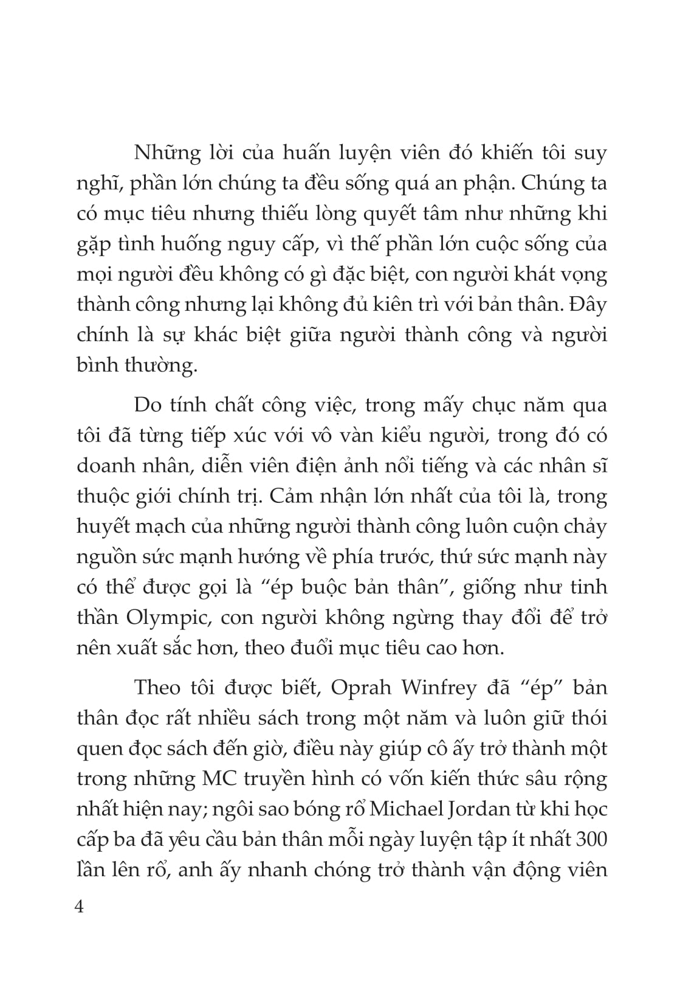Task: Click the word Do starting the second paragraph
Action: point(148,405)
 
